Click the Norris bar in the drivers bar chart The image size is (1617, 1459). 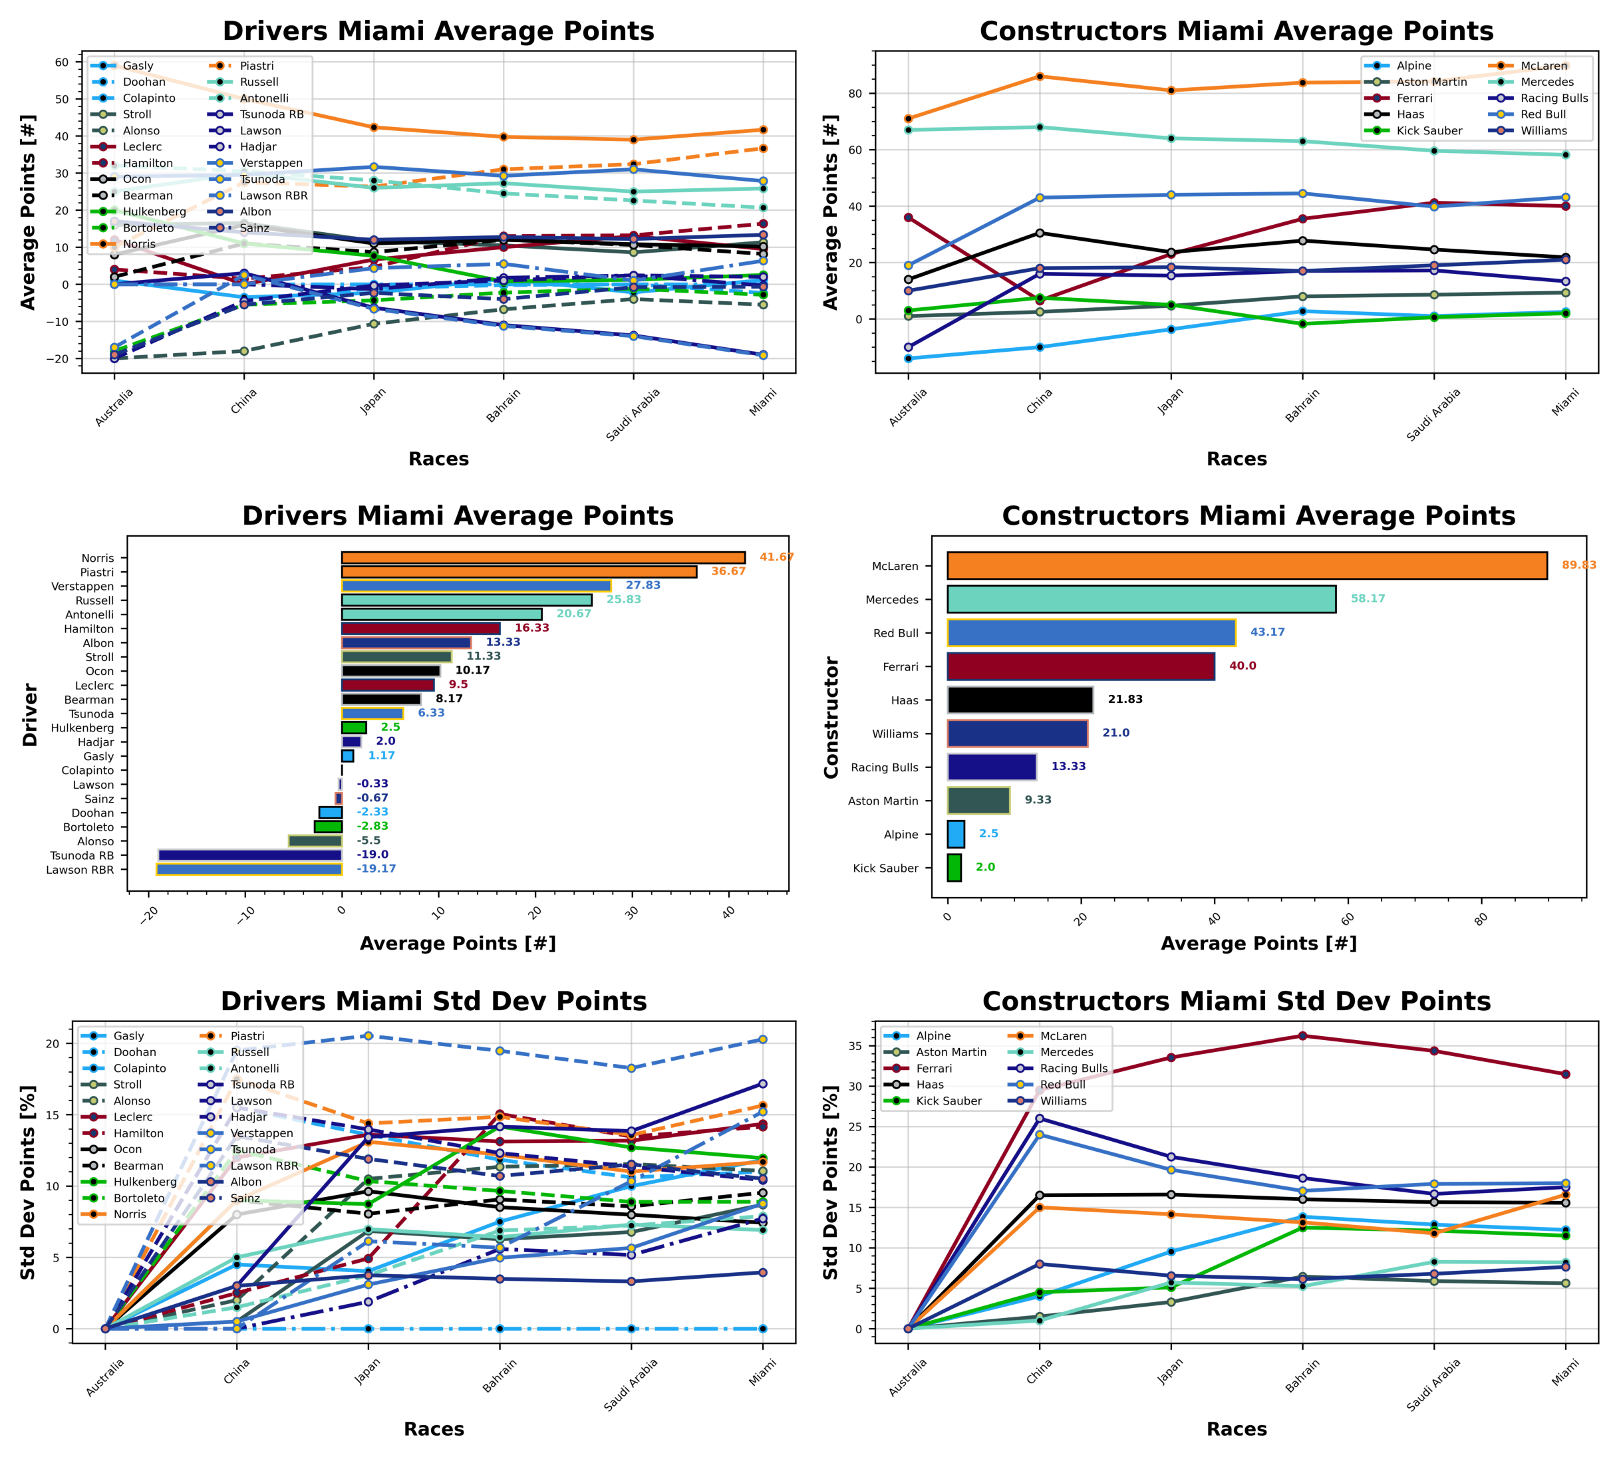click(543, 558)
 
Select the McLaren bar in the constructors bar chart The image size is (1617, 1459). click(1246, 566)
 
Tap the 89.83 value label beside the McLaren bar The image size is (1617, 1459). click(1578, 565)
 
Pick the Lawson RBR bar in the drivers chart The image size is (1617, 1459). click(249, 869)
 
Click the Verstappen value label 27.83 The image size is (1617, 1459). click(643, 585)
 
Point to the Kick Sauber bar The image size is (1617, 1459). click(954, 867)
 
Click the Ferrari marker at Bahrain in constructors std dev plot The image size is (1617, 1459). click(1302, 1035)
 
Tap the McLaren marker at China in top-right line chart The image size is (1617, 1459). click(1039, 76)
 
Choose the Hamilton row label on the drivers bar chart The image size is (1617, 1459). click(89, 629)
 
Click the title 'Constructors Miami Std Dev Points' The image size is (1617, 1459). click(1237, 1001)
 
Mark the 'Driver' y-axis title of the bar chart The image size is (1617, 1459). click(31, 714)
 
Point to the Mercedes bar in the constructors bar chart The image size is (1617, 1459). click(1141, 600)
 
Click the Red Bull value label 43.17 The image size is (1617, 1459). click(1266, 632)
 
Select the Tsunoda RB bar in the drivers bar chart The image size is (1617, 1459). click(250, 855)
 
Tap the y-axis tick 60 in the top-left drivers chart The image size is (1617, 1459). click(62, 63)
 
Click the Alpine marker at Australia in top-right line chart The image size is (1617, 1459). click(909, 358)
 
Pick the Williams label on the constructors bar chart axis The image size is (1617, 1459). click(895, 733)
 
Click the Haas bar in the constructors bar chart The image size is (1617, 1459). click(1020, 700)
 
